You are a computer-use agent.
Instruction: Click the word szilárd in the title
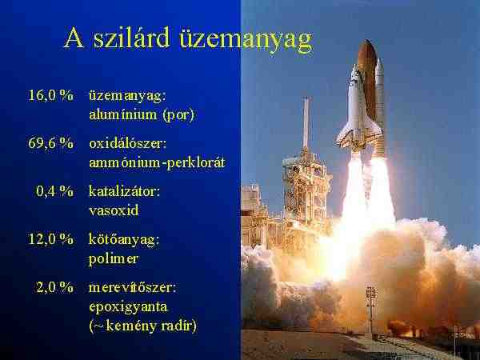(x=131, y=38)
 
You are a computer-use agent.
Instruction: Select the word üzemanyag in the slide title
(x=246, y=41)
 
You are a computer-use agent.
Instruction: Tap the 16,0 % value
(x=51, y=95)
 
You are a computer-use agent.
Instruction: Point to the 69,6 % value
(x=51, y=143)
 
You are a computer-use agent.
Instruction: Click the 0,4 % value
(x=54, y=191)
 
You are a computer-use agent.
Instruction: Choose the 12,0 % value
(x=51, y=238)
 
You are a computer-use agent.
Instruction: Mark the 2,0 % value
(x=54, y=287)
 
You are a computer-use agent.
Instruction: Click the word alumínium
(x=123, y=114)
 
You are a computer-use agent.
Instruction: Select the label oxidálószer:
(x=128, y=143)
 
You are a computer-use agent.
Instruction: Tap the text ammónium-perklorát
(x=158, y=162)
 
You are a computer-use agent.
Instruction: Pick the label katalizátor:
(x=124, y=191)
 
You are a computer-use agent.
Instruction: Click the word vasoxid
(x=114, y=210)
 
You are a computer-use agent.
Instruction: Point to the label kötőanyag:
(x=124, y=239)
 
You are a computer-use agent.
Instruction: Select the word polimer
(x=114, y=259)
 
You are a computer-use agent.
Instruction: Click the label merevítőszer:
(x=133, y=287)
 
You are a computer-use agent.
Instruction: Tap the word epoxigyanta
(x=128, y=307)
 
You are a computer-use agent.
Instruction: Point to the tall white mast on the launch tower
(x=306, y=122)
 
